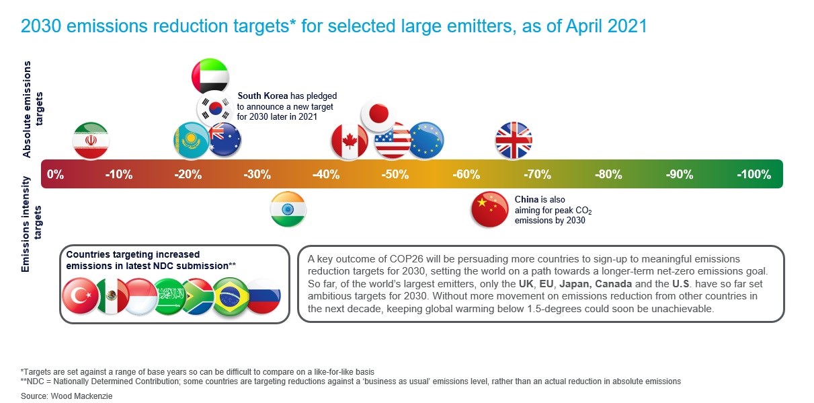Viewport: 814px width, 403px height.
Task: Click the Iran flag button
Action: [91, 141]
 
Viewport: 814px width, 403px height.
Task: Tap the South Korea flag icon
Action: [215, 108]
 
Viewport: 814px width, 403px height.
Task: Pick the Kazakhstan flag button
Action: [191, 141]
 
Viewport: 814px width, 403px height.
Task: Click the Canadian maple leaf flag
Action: [350, 141]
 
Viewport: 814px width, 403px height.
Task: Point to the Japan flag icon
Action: [378, 114]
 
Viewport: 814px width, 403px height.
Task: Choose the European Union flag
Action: [426, 141]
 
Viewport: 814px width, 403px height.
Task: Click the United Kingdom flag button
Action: [514, 141]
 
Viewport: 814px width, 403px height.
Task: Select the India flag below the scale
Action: [288, 209]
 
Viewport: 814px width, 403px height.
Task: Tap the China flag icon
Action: [489, 209]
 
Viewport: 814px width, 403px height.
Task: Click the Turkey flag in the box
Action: [80, 296]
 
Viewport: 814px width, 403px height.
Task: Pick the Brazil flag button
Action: [231, 296]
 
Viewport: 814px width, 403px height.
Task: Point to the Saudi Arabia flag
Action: [169, 296]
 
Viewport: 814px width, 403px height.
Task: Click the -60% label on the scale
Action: [466, 174]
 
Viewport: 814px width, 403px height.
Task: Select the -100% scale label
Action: [754, 174]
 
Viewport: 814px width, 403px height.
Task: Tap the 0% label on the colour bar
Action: [55, 174]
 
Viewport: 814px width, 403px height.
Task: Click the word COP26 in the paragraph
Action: [406, 259]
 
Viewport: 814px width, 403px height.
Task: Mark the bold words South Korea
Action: [263, 96]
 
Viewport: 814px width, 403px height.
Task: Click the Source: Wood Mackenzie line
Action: [67, 396]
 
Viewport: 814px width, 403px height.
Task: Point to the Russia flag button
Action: [263, 296]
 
